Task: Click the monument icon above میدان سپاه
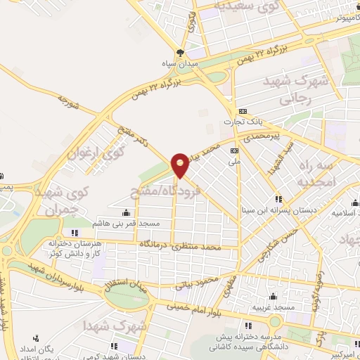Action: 181,53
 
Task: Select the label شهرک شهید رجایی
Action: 295,91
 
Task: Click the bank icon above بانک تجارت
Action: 243,111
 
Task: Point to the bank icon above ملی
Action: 234,150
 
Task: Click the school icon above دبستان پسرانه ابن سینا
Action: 278,198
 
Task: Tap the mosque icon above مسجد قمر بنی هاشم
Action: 126,212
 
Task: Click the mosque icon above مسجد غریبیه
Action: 272,296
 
